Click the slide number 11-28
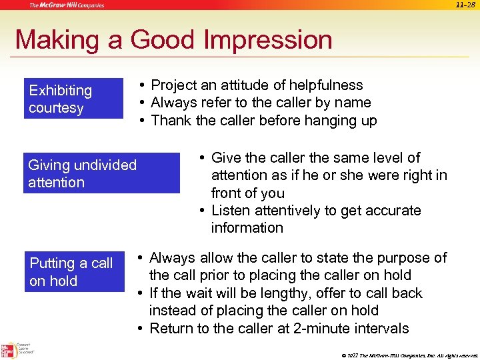pos(466,5)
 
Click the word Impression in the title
pos(269,40)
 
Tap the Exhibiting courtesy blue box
pos(73,99)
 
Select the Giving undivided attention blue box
pos(101,173)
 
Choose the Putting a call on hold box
pos(74,272)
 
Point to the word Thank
pos(171,121)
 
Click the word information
pos(247,228)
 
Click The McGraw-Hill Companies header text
pos(66,5)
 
